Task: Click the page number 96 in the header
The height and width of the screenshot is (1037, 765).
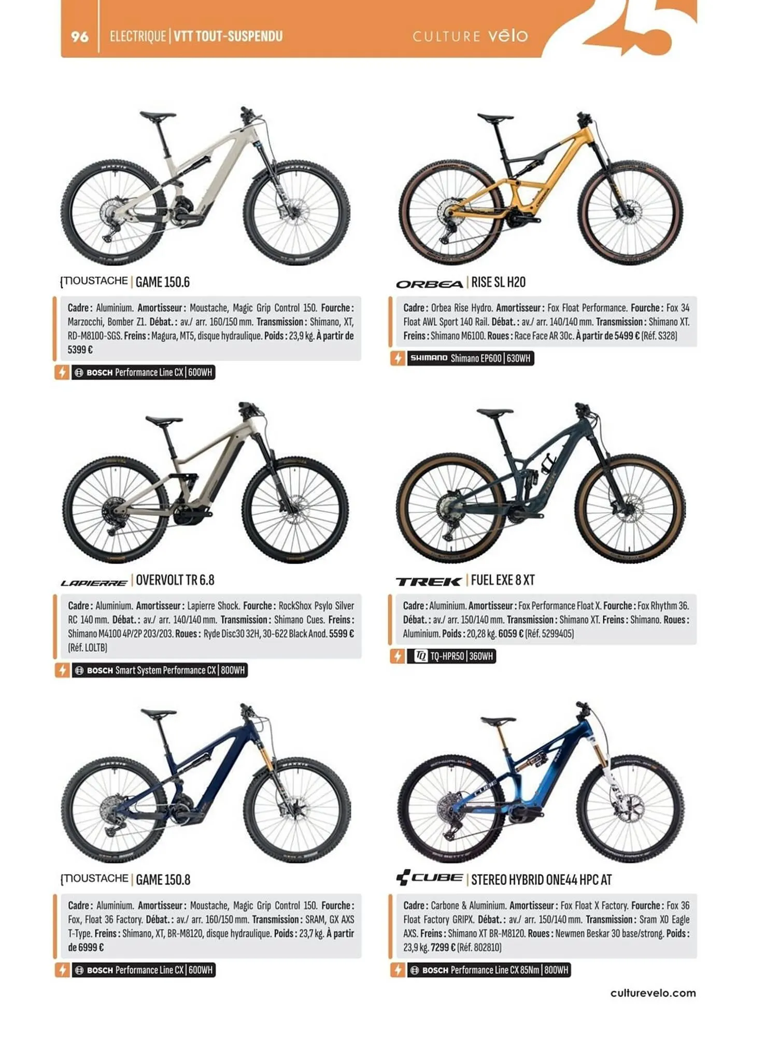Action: [79, 36]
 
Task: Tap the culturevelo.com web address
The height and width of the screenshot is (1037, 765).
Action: [653, 993]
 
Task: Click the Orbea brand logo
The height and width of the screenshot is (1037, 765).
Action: [429, 284]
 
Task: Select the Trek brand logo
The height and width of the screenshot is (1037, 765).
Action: [428, 581]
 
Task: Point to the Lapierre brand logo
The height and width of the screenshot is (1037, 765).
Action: [94, 583]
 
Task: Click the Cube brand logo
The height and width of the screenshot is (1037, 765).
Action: [429, 878]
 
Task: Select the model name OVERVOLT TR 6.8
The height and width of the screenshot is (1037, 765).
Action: [175, 580]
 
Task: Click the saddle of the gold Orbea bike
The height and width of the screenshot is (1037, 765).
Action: [495, 118]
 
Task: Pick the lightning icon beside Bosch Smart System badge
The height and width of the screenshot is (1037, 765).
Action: [62, 670]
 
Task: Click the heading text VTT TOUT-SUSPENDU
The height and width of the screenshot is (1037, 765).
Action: [228, 36]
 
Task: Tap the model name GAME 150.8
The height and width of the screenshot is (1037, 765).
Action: [163, 879]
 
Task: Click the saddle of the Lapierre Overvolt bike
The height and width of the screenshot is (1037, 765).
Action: [164, 419]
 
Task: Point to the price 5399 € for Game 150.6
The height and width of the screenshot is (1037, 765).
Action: [80, 350]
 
